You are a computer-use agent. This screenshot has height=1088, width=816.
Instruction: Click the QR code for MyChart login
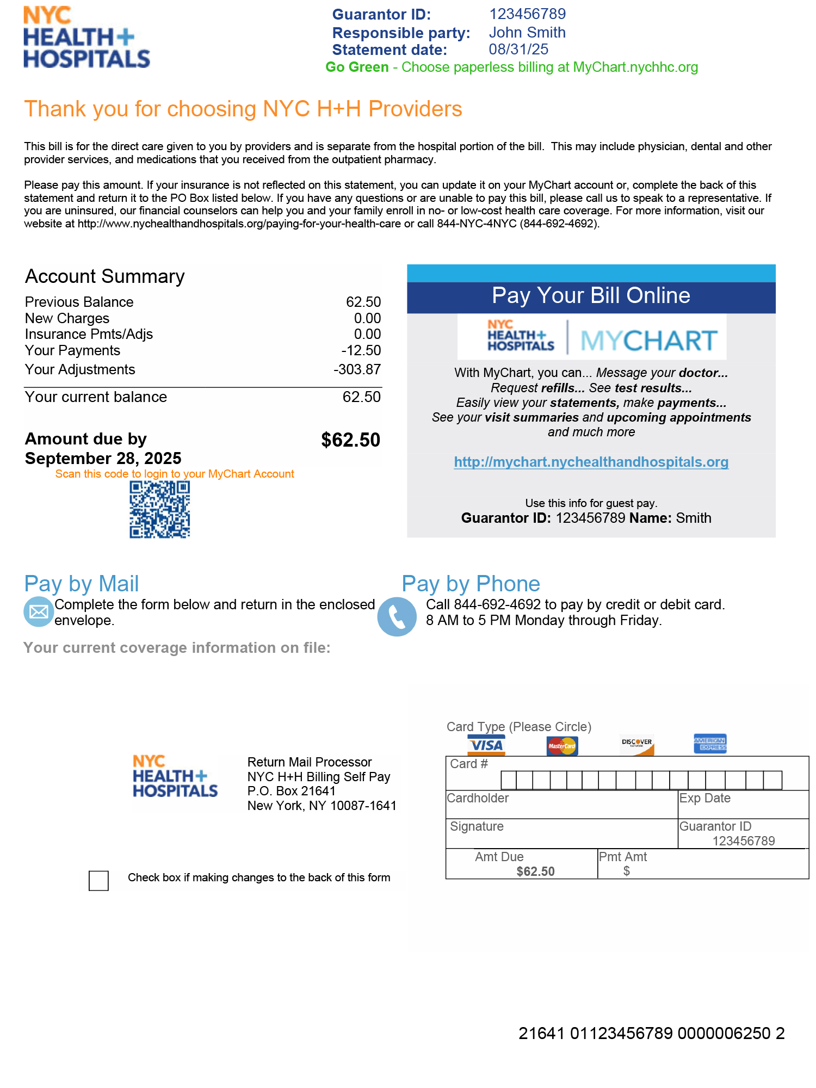pos(159,510)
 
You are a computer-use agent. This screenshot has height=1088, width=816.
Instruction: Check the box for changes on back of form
pos(98,880)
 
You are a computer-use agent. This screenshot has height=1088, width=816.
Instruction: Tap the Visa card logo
pos(486,745)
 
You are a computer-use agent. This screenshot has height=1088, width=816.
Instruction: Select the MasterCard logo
pos(562,746)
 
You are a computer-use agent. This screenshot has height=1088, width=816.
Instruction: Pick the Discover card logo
pos(637,745)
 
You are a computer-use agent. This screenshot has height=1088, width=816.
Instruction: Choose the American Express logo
pos(710,744)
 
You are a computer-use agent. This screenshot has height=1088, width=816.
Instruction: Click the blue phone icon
pos(397,617)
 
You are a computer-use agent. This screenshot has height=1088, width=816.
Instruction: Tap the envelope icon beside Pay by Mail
pos(38,611)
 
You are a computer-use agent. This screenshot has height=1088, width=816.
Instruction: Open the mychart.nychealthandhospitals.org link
pos(591,462)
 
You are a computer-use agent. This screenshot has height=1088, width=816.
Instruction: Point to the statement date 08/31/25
pos(518,50)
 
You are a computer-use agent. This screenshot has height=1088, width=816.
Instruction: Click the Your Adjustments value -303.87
pos(357,369)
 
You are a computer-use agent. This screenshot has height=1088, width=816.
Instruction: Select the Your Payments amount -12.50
pos(361,350)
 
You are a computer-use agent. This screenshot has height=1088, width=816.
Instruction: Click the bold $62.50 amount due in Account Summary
pos(350,440)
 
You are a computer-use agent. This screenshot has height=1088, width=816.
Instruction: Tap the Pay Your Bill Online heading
pos(591,295)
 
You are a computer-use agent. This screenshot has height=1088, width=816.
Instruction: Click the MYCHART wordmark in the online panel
pos(649,341)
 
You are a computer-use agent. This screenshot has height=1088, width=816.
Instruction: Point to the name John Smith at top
pos(527,33)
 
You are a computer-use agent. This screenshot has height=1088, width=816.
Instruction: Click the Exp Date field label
pos(704,798)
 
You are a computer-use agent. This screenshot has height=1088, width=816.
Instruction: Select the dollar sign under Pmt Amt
pos(627,871)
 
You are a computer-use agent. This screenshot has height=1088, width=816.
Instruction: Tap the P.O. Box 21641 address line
pos(291,791)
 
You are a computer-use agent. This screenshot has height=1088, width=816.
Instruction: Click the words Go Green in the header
pos(357,67)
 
